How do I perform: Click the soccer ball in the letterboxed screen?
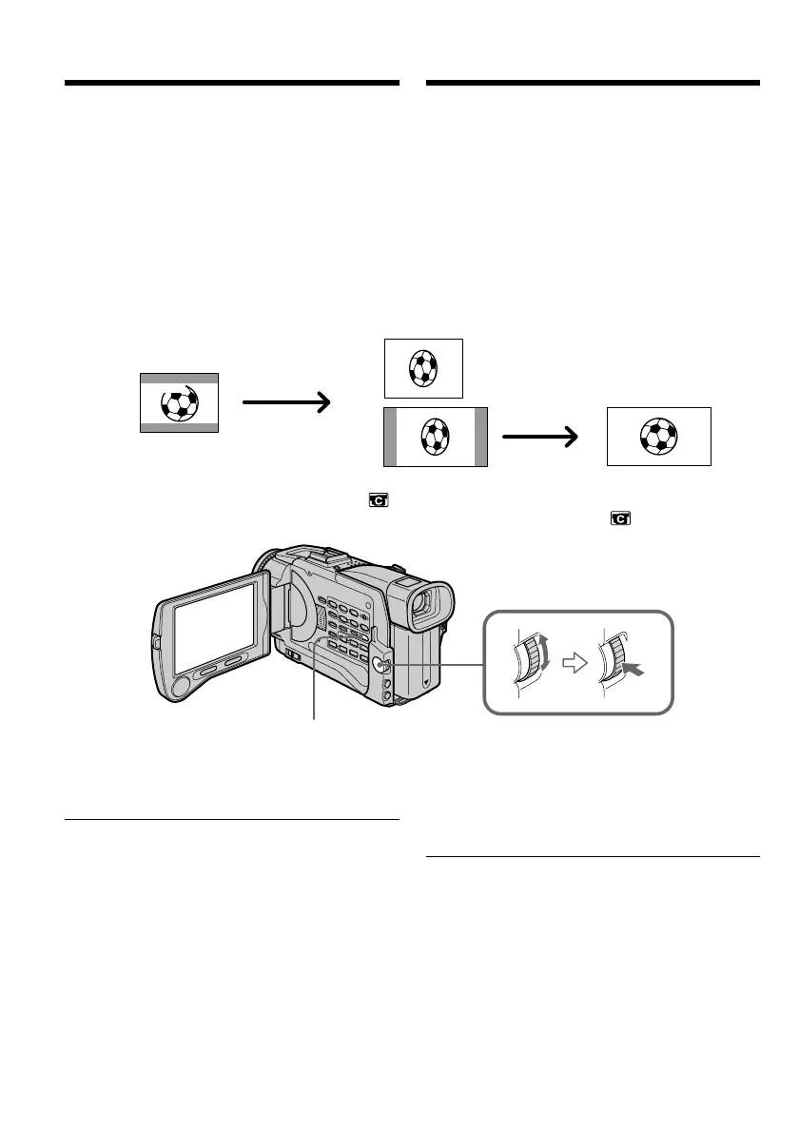point(179,403)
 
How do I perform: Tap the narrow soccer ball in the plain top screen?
point(423,367)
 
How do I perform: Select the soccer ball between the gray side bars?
point(435,437)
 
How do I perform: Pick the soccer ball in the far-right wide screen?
point(659,436)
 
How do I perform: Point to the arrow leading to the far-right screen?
point(540,437)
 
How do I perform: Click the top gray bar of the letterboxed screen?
point(180,378)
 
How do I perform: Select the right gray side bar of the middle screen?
point(480,437)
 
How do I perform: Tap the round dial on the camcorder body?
point(380,666)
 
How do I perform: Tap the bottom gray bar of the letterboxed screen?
point(180,428)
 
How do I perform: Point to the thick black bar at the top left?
point(231,84)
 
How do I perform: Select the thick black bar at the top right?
point(594,84)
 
